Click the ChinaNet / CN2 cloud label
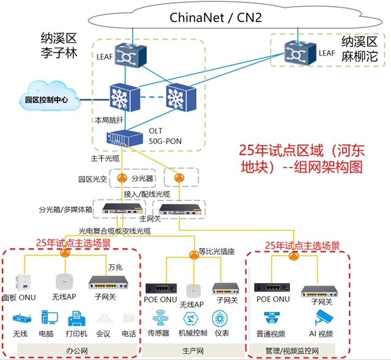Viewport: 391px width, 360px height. click(x=215, y=17)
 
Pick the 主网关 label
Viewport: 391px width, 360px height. click(x=150, y=218)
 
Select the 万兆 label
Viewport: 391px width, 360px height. click(x=115, y=267)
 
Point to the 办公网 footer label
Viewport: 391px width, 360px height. click(x=76, y=351)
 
